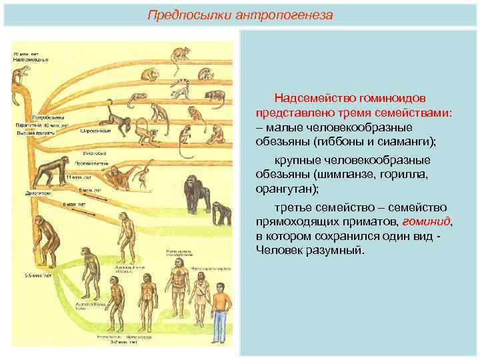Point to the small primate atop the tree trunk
(x=23, y=74)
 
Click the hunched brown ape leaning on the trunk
(x=45, y=237)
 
